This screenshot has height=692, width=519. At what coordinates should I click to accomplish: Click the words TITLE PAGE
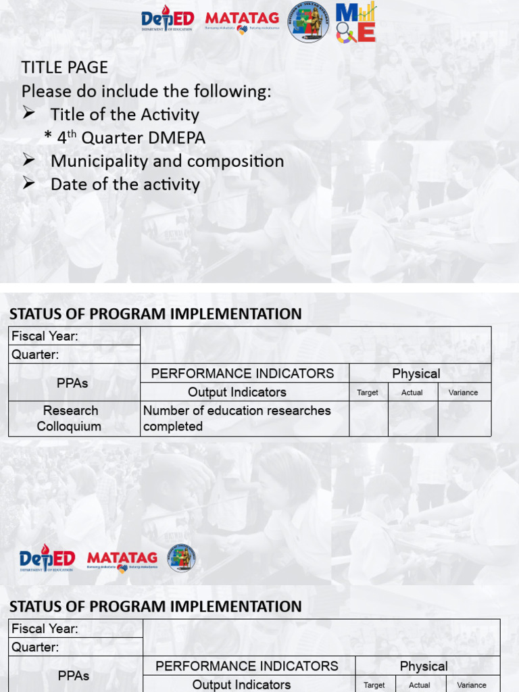(x=65, y=68)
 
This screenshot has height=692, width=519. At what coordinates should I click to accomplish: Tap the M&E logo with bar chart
(x=355, y=22)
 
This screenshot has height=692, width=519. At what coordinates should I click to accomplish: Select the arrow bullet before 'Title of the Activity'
(x=28, y=114)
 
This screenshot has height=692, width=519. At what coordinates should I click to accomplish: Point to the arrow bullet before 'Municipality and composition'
(x=28, y=161)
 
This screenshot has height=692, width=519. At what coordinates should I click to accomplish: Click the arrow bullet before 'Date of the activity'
(x=28, y=184)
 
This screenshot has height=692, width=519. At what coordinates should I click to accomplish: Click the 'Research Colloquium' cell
(x=70, y=418)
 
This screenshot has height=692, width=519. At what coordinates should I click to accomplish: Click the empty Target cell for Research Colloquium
(x=368, y=418)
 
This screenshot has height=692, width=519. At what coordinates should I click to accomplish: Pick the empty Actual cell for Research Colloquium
(x=413, y=418)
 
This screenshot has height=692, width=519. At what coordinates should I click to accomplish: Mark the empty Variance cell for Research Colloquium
(x=464, y=418)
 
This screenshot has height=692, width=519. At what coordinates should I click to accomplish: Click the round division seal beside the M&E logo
(x=309, y=22)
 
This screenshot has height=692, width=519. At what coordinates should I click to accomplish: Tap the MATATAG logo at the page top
(x=242, y=22)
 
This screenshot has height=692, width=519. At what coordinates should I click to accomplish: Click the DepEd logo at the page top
(x=168, y=20)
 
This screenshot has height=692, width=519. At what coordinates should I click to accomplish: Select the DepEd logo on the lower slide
(x=47, y=559)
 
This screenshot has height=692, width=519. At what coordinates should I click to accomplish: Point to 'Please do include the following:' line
(x=146, y=91)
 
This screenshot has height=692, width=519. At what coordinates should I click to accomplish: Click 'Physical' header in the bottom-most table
(x=424, y=666)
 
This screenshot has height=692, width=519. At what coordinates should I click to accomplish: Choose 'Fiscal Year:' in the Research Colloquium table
(x=45, y=336)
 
